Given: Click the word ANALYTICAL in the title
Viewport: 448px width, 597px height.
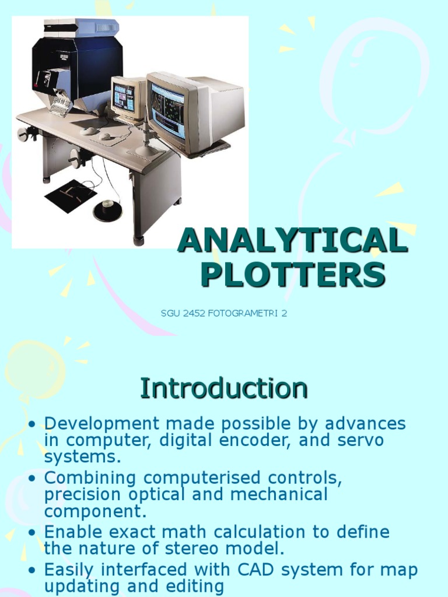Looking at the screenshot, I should pyautogui.click(x=292, y=241).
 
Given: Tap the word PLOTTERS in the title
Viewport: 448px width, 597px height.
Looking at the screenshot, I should pyautogui.click(x=292, y=274).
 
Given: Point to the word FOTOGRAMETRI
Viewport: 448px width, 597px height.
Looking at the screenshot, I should pyautogui.click(x=240, y=314).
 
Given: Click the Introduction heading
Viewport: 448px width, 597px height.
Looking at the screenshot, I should pyautogui.click(x=223, y=389).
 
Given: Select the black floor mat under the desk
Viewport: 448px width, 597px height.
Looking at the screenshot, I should pyautogui.click(x=71, y=196).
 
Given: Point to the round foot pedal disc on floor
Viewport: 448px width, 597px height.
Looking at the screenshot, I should pyautogui.click(x=108, y=210).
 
